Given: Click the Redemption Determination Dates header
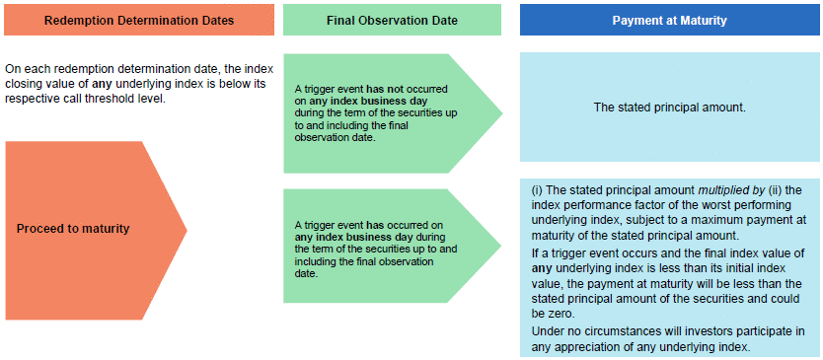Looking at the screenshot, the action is point(139,21).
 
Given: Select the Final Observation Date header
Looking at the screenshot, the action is point(392,21).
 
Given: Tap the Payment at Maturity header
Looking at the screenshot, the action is point(670,21).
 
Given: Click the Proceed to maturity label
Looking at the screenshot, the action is point(73,230).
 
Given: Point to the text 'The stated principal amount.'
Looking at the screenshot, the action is point(670,108).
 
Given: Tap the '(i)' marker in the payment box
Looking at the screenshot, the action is point(537,190).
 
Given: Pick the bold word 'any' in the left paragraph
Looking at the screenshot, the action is point(103,85).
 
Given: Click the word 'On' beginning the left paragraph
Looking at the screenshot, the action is point(11,70).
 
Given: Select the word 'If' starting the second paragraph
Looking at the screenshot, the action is point(534,252).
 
